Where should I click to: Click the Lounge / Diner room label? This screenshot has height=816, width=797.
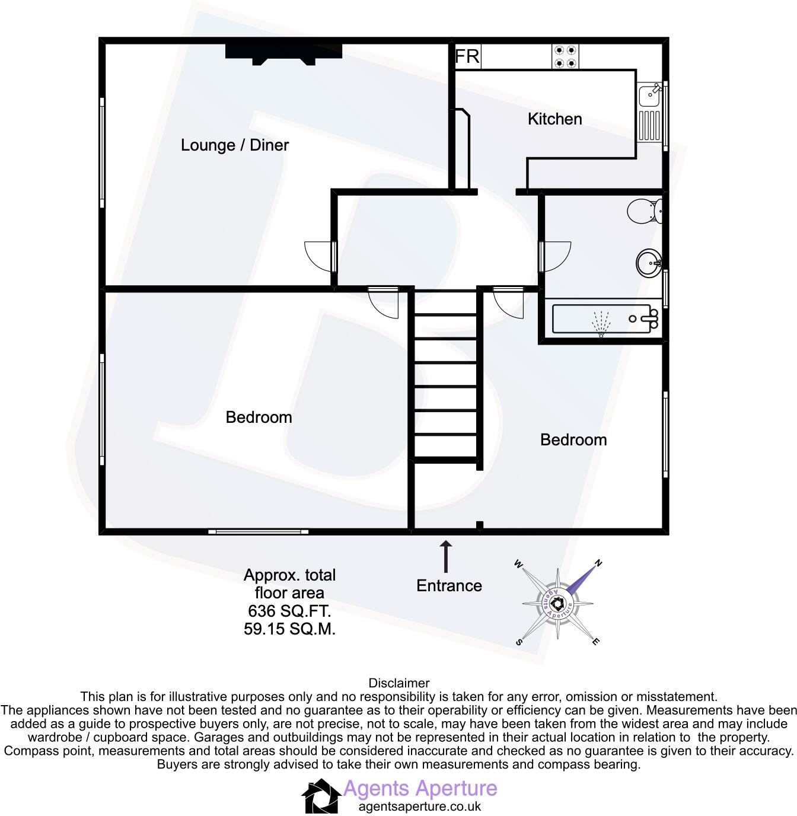click(235, 145)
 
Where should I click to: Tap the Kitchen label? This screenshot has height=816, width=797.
click(554, 119)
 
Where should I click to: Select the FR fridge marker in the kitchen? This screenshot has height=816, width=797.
click(467, 57)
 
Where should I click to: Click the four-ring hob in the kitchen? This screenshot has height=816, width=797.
click(565, 56)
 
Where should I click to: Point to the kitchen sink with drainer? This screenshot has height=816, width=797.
click(650, 113)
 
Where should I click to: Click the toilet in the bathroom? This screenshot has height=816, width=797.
click(644, 211)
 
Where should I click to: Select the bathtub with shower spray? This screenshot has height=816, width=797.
click(605, 319)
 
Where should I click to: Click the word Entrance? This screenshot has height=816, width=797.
click(449, 586)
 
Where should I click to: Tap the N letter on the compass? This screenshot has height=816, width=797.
click(598, 563)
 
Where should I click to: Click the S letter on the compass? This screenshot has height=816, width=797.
click(520, 642)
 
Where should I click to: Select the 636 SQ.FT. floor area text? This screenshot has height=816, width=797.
click(289, 610)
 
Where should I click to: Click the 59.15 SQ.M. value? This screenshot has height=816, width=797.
click(289, 629)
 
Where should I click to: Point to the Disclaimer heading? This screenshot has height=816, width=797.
click(398, 683)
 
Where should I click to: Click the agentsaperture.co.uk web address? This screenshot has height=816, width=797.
click(420, 807)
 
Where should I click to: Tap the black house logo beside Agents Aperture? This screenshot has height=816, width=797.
click(321, 796)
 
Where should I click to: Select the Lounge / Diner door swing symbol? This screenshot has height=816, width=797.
click(319, 256)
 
